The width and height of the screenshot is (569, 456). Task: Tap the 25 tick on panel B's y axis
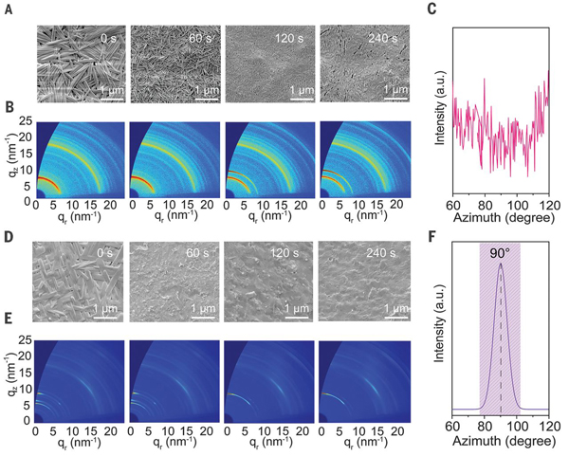[x=22, y=121]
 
